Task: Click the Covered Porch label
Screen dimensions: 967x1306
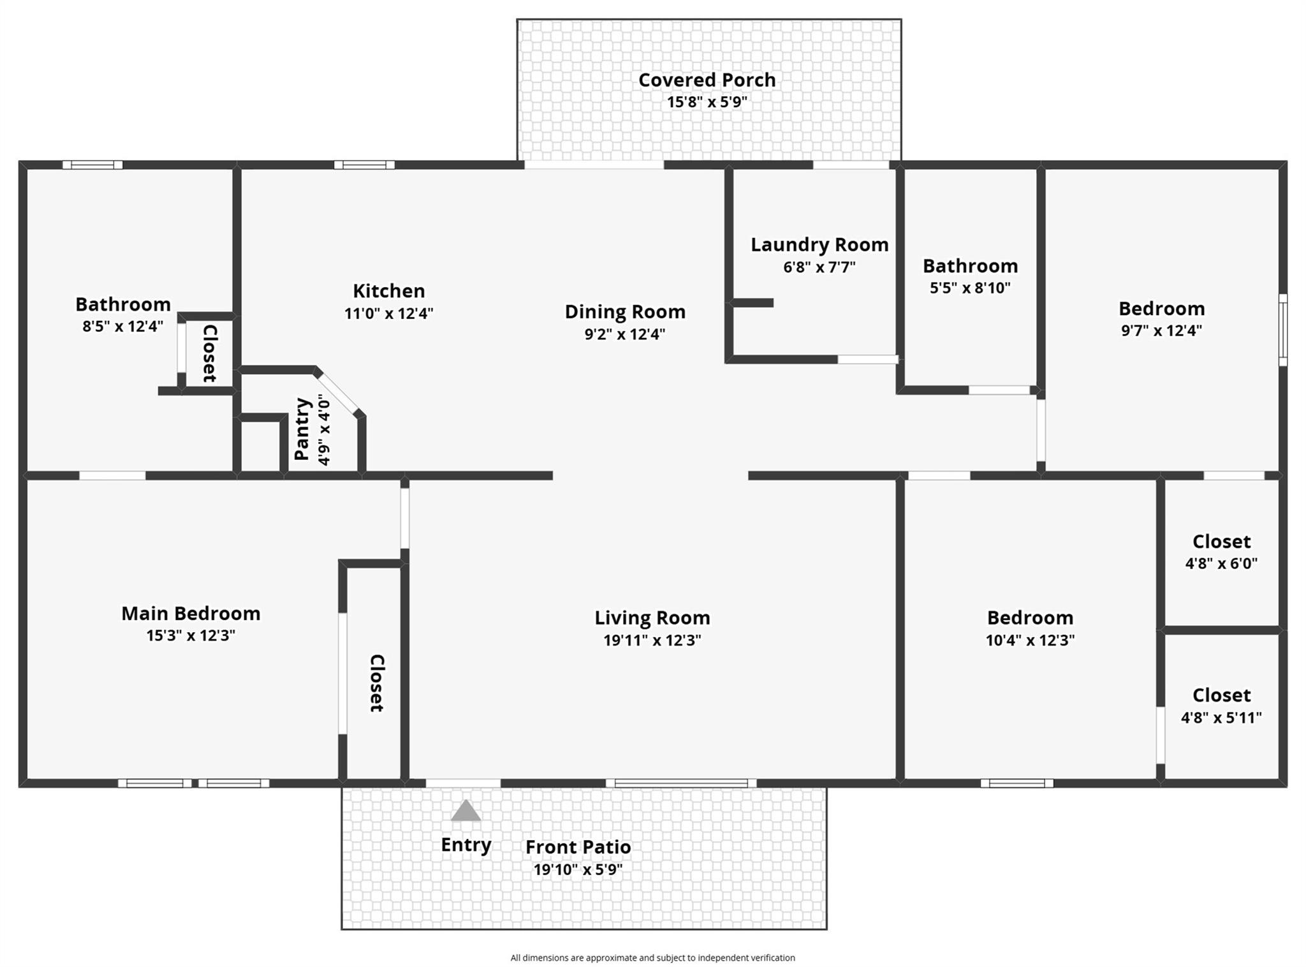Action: tap(707, 80)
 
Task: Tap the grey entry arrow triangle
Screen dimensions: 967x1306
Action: tap(466, 811)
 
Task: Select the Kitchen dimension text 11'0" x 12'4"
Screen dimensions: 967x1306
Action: tap(388, 313)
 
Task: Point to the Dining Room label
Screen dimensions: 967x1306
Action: tap(625, 311)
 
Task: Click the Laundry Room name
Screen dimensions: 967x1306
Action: tap(819, 244)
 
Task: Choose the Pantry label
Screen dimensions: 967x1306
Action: tap(302, 429)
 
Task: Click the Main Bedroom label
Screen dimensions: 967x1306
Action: tap(191, 613)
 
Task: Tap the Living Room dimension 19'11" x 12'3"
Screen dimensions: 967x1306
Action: tap(652, 640)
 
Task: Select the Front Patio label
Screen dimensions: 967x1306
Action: tap(578, 846)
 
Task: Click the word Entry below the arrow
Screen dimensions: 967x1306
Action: tap(466, 844)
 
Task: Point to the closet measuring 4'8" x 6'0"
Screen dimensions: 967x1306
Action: tap(1221, 552)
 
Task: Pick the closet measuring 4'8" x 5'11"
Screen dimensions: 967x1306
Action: tap(1221, 705)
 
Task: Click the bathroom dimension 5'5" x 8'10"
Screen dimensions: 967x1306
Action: tap(969, 288)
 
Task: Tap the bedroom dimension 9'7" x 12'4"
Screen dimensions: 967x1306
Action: tap(1161, 330)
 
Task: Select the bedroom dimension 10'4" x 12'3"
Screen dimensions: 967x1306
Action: tap(1030, 640)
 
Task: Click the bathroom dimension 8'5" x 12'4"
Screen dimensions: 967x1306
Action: tap(122, 326)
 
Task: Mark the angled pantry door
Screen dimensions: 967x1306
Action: tap(338, 393)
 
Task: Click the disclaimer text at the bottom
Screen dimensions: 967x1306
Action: tap(652, 957)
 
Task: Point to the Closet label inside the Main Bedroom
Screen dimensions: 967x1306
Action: tap(376, 683)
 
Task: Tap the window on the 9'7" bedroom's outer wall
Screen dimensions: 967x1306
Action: tap(1283, 330)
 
